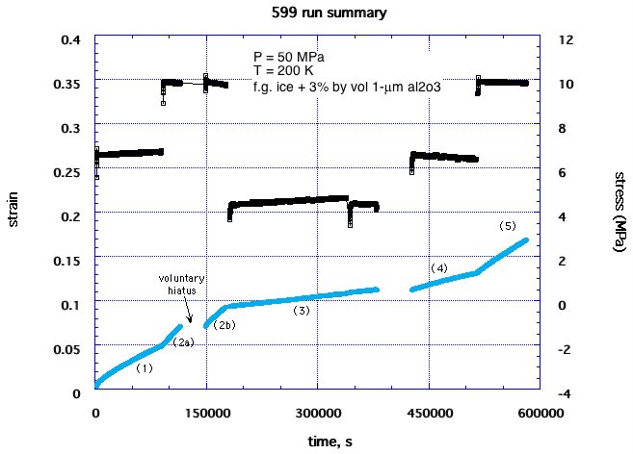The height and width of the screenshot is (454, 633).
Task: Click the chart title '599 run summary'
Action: (317, 13)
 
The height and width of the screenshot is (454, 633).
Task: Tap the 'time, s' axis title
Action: (317, 440)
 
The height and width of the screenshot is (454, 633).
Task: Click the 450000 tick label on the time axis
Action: (429, 412)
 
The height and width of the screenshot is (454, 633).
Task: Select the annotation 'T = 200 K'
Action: (278, 69)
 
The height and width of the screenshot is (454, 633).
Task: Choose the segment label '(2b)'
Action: (224, 325)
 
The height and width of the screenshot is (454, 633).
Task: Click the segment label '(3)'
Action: (302, 311)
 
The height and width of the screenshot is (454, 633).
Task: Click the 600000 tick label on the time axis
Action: (540, 412)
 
